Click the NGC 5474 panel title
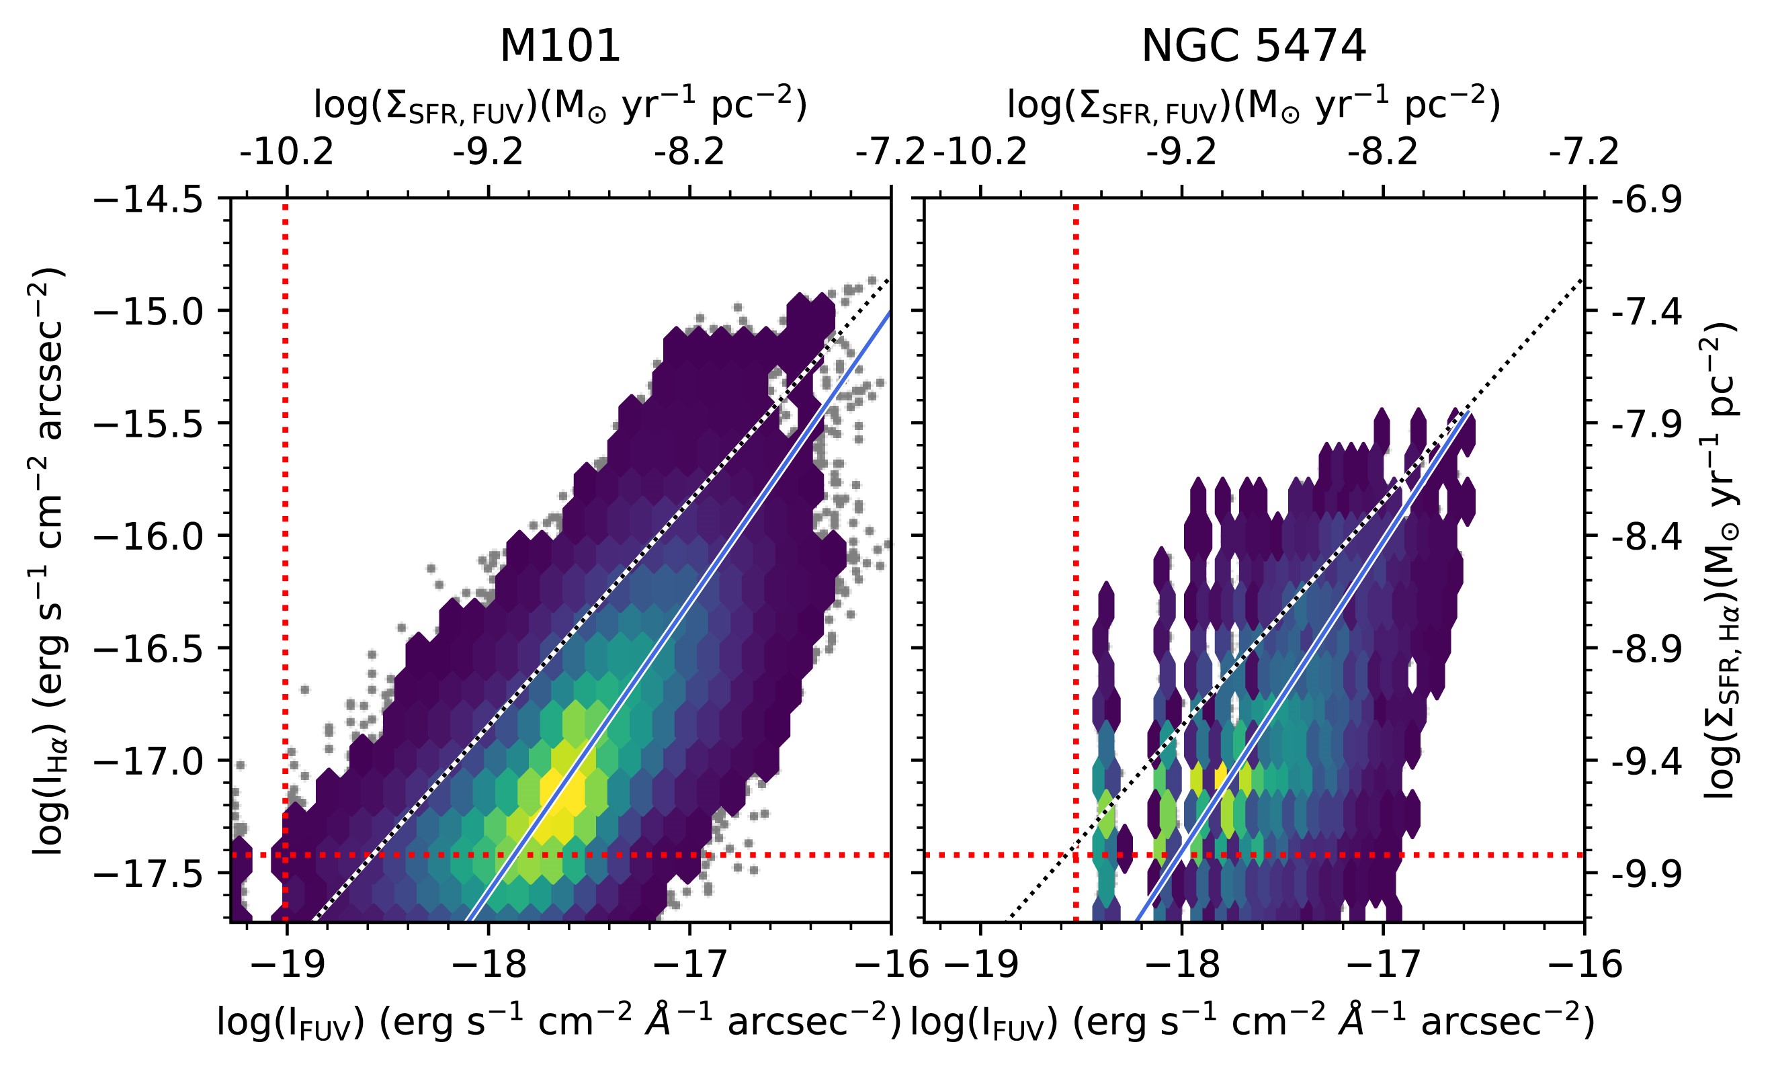click(x=1253, y=48)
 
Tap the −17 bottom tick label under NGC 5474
click(x=1382, y=963)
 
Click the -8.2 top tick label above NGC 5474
click(x=1382, y=152)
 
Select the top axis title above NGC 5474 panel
click(x=1253, y=105)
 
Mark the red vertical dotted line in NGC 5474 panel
click(x=1076, y=504)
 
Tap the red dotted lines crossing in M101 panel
click(x=286, y=855)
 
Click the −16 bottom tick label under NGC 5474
click(x=1585, y=963)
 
